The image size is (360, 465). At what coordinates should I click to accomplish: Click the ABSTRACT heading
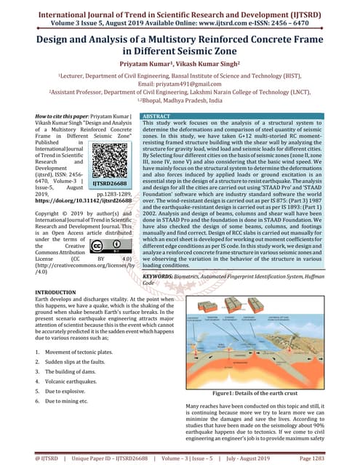(x=157, y=116)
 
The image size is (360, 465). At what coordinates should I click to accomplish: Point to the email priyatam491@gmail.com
(x=180, y=84)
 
